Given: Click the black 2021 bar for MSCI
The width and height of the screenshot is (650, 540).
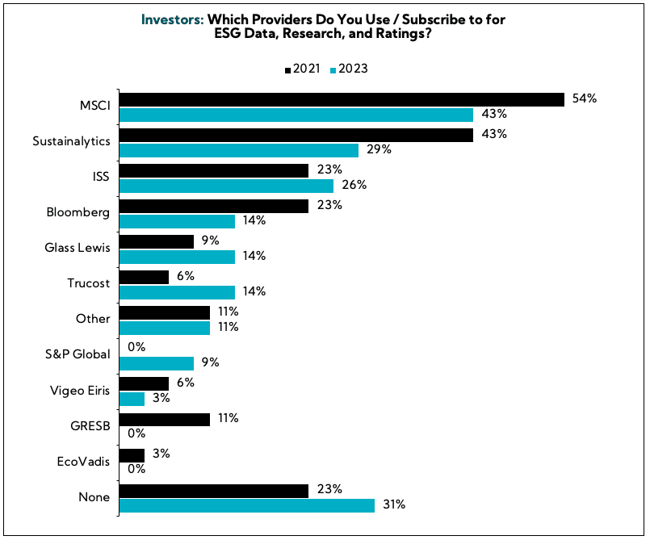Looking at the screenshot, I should (341, 99).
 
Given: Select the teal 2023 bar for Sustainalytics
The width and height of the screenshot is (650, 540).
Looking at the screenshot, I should (238, 150).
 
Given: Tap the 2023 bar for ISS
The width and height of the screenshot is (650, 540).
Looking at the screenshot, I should (226, 186).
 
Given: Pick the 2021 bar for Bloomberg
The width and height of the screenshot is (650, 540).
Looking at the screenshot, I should (213, 206).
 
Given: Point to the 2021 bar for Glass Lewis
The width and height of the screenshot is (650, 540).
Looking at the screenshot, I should (156, 241).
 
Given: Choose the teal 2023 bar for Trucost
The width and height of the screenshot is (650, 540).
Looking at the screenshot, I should (177, 292).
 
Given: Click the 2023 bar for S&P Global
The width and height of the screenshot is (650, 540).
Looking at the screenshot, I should (156, 363).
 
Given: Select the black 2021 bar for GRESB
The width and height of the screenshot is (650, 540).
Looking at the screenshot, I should (164, 418).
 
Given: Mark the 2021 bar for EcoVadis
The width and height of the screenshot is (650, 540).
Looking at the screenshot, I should (132, 454).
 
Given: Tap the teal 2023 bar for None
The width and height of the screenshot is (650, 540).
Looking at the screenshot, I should (246, 505).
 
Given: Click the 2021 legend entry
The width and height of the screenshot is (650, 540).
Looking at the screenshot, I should (303, 69).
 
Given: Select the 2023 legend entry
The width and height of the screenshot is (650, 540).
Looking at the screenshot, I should (349, 69).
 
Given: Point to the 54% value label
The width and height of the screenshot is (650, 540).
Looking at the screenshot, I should (584, 98).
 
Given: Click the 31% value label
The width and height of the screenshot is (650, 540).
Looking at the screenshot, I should (394, 505).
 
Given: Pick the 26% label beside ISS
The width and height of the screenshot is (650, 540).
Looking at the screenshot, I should (354, 185).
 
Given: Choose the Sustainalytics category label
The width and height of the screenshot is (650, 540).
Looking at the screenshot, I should (71, 140).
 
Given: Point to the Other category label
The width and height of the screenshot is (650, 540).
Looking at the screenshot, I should (93, 318).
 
